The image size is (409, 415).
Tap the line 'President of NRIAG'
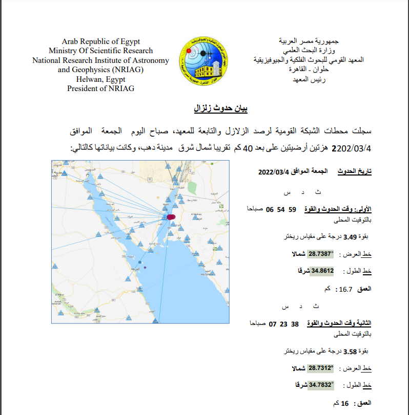100,88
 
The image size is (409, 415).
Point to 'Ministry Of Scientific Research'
100,51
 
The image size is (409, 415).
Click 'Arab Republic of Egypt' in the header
100,41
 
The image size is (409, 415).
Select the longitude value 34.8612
321,271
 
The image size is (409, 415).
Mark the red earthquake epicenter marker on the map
171,217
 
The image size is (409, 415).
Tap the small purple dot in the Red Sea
146,268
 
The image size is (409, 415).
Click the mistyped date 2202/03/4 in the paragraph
353,148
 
